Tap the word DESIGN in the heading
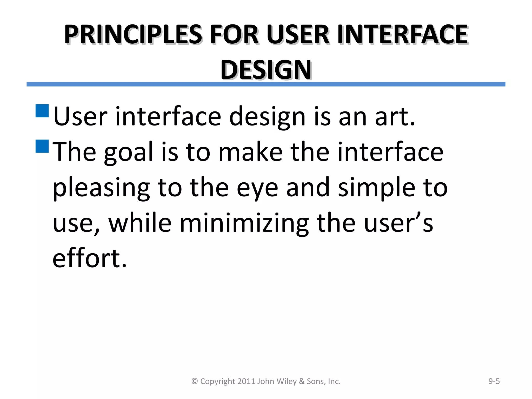point(266,70)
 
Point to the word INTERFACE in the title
point(403,34)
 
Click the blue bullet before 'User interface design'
point(42,111)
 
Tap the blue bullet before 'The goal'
point(42,146)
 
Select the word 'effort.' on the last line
point(90,258)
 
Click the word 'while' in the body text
point(140,223)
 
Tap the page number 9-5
point(494,381)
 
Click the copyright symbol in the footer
point(195,381)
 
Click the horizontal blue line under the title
point(266,84)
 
